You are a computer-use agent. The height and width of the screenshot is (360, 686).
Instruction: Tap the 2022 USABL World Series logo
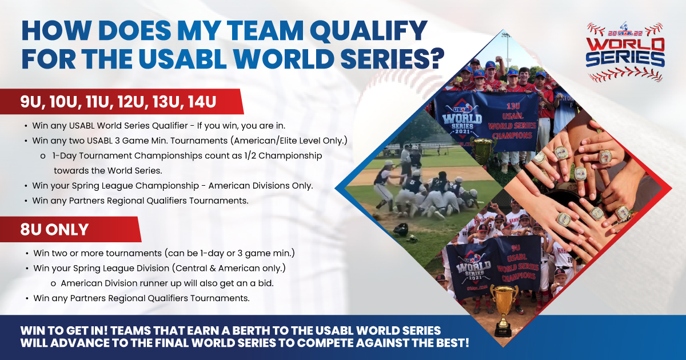[625, 51]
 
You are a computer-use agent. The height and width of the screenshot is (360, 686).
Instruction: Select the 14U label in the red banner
[202, 102]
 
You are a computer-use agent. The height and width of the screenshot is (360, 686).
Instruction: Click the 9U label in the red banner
[30, 102]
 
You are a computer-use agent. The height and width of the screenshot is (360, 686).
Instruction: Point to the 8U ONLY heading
[54, 230]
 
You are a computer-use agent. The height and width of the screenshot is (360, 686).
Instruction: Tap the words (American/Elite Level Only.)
[289, 141]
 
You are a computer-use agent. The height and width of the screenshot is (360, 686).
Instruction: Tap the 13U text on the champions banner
[513, 106]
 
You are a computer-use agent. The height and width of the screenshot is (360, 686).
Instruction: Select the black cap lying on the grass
[400, 229]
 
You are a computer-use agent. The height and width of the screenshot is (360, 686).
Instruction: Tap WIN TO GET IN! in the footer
[63, 331]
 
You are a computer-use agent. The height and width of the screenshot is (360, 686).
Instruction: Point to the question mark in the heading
[436, 58]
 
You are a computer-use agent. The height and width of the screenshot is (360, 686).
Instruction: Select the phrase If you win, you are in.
[241, 126]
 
